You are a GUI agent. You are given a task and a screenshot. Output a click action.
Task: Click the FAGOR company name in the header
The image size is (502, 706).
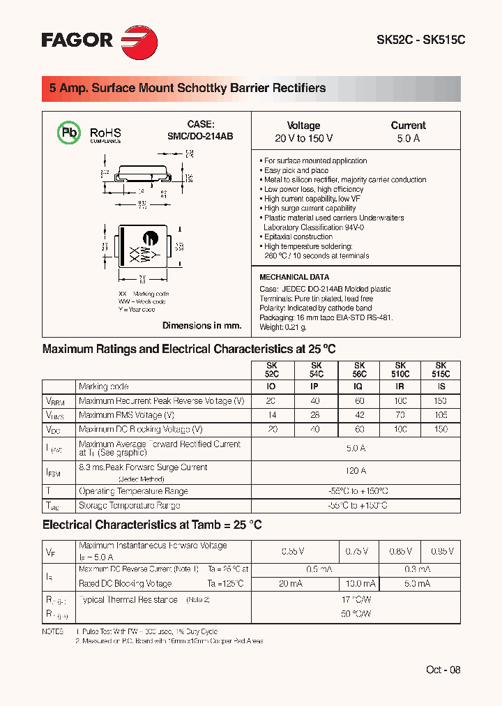(77, 40)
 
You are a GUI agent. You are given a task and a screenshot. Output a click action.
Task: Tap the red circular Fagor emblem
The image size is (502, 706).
(139, 40)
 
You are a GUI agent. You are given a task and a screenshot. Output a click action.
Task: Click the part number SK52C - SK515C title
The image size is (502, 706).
(420, 40)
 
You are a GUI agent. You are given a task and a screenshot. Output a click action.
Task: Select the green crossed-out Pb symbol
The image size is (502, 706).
(68, 133)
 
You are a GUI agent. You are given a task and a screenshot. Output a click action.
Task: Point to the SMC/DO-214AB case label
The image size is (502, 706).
(199, 137)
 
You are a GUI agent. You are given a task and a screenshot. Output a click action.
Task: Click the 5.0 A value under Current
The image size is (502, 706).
(408, 139)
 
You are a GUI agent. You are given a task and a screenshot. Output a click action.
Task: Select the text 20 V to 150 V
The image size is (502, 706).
(303, 139)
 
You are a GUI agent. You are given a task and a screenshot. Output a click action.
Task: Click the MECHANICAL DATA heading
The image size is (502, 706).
(294, 277)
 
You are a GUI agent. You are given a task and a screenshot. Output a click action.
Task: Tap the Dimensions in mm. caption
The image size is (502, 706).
(201, 326)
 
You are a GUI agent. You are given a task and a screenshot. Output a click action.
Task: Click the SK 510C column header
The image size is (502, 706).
(400, 370)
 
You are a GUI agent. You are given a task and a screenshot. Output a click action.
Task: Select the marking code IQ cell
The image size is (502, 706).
(359, 386)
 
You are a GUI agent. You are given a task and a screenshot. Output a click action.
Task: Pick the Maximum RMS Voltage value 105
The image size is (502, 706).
(440, 415)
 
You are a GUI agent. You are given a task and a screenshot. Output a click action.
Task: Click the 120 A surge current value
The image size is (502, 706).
(356, 471)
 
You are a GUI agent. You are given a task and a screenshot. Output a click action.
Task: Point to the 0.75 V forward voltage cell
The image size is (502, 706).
(358, 551)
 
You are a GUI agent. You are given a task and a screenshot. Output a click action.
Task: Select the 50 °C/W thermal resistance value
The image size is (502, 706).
(356, 614)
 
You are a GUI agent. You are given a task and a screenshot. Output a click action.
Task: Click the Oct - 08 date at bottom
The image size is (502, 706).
(443, 670)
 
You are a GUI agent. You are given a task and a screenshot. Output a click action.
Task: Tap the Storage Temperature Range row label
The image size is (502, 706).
(129, 506)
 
